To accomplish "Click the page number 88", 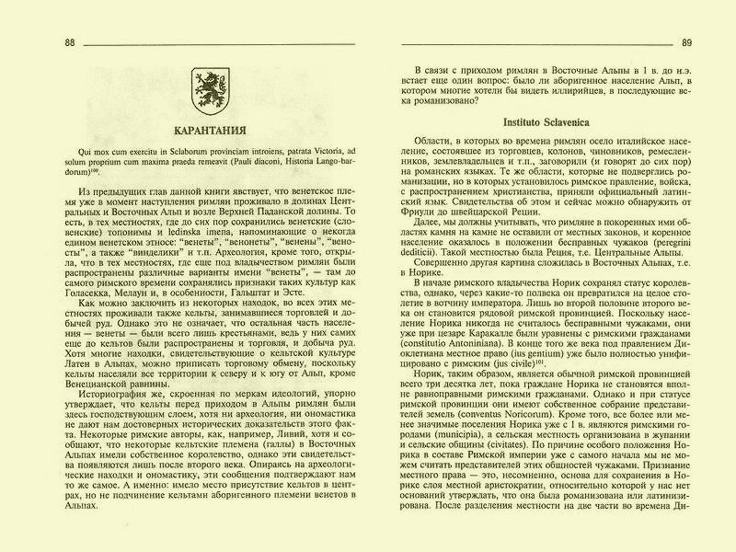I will click(70, 42).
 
